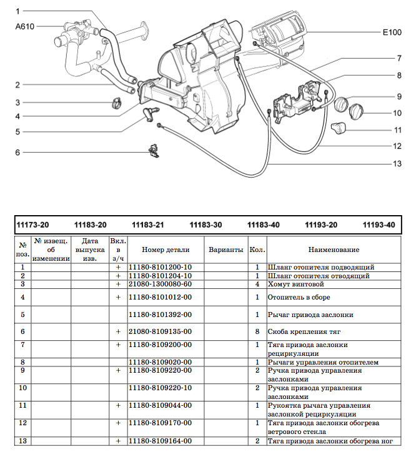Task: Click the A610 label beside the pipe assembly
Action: point(24,27)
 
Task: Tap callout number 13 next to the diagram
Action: point(397,164)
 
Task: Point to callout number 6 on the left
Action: point(18,153)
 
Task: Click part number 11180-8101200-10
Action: point(160,267)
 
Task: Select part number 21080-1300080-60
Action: point(160,284)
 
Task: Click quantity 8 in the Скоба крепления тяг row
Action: point(257,331)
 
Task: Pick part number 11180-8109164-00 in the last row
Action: point(160,441)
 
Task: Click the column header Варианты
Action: point(225,250)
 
